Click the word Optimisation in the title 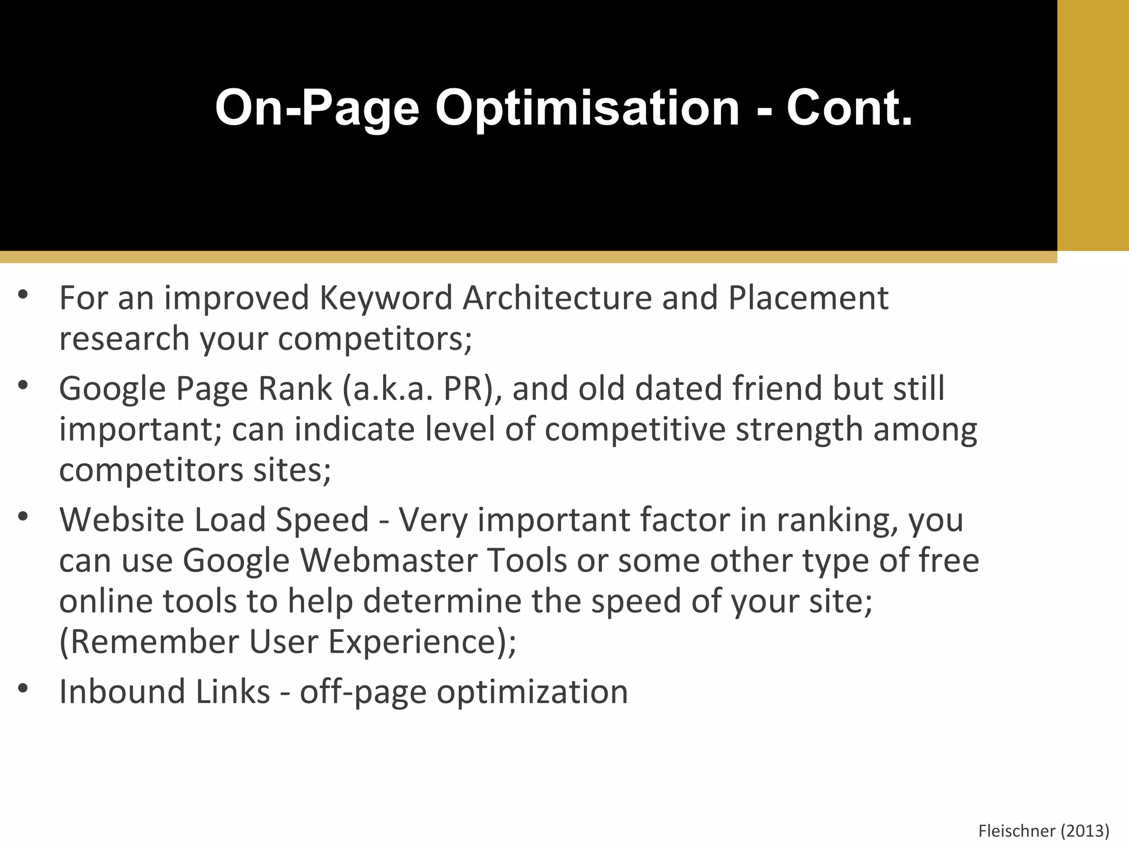[587, 109]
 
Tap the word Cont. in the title [850, 109]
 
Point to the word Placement [808, 298]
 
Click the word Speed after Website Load [322, 520]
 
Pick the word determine [442, 601]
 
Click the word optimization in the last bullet [533, 692]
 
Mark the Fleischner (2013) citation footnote [1044, 830]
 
